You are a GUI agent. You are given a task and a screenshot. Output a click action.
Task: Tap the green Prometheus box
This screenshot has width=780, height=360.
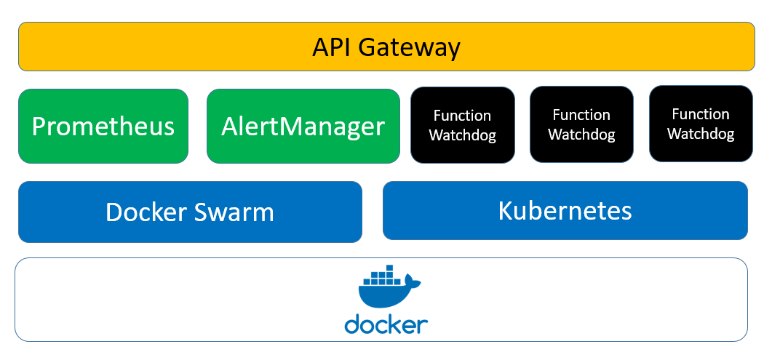click(x=103, y=126)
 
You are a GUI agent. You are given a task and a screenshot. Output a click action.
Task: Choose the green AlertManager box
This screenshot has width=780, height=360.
click(x=303, y=126)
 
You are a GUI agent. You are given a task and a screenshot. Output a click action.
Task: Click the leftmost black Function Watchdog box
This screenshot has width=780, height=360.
click(x=462, y=125)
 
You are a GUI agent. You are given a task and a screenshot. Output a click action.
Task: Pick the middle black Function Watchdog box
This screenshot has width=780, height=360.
click(x=581, y=124)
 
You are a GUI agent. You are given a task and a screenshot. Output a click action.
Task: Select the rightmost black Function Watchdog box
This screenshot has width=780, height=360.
click(x=701, y=124)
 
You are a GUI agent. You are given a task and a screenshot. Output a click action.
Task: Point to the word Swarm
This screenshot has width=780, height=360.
click(x=234, y=212)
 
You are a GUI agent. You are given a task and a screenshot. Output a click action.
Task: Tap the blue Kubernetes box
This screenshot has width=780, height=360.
click(x=565, y=210)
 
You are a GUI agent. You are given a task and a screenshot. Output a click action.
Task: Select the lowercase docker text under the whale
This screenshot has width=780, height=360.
click(x=386, y=324)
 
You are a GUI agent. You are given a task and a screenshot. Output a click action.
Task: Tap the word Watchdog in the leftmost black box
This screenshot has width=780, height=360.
click(x=462, y=135)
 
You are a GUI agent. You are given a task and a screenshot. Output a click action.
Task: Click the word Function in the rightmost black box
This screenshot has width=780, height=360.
click(x=701, y=114)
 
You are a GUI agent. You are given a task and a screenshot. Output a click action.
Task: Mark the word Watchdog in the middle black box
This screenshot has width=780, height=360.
click(x=581, y=135)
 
